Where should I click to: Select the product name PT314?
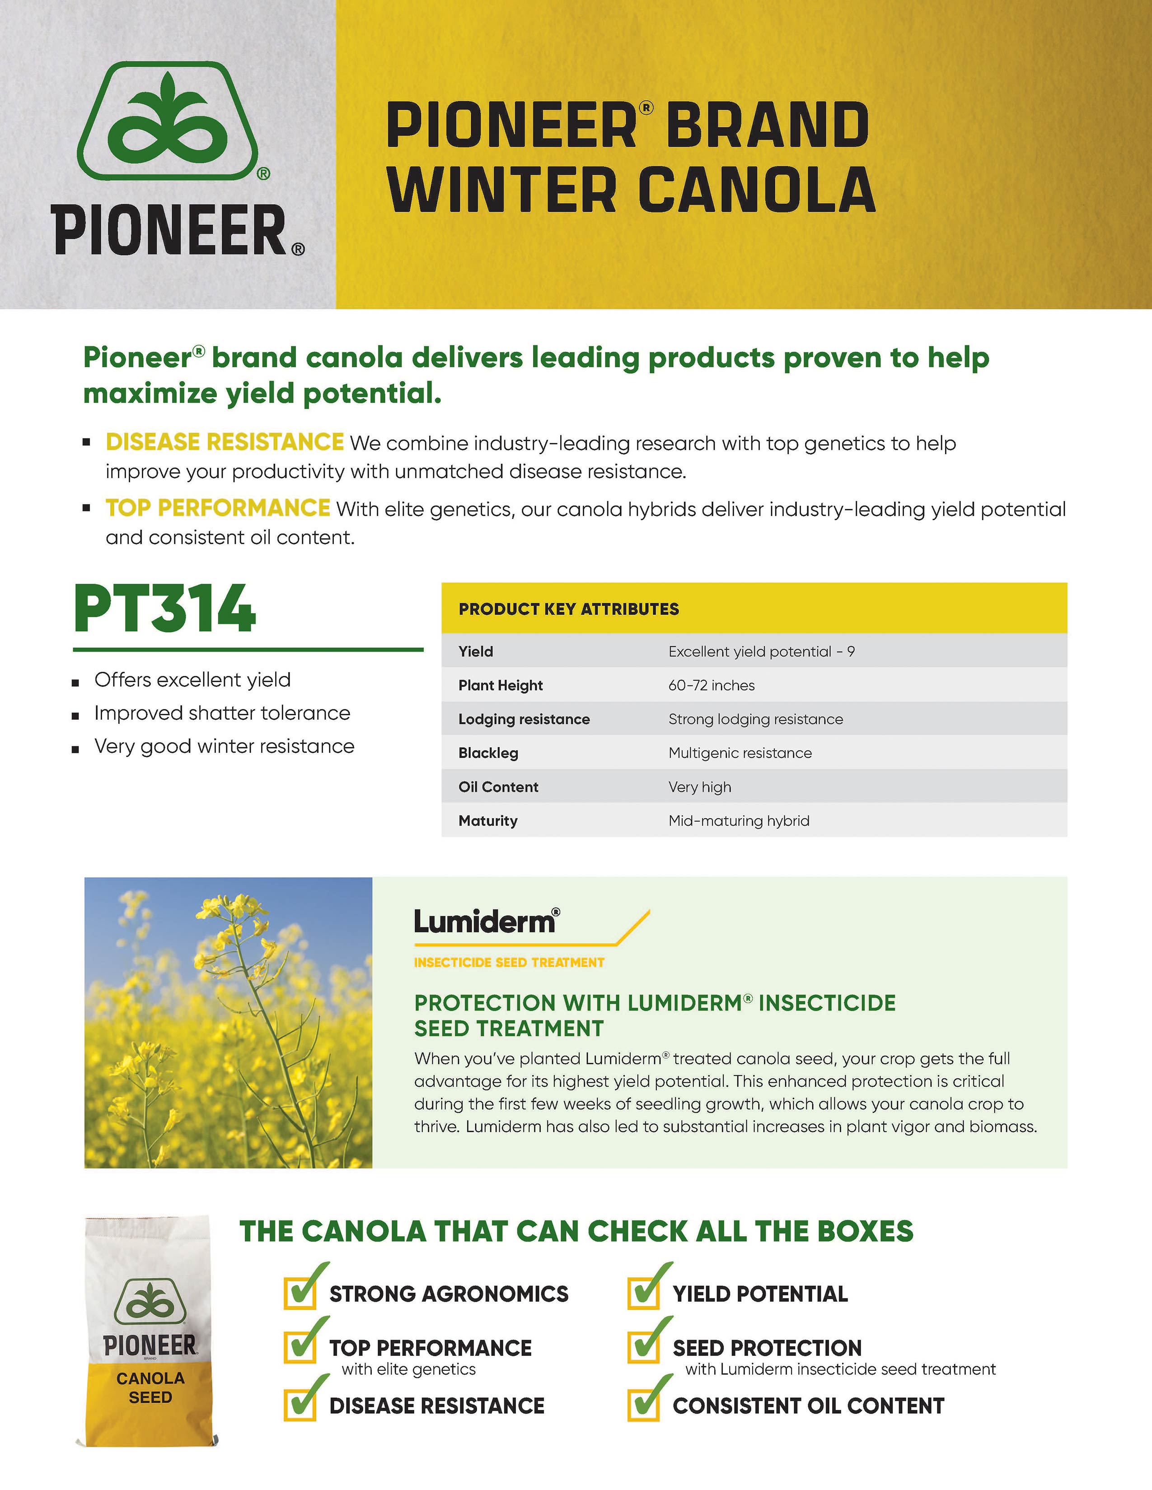tap(164, 609)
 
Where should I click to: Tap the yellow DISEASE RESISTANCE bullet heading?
tap(225, 442)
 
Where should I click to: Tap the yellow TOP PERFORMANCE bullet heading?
tap(218, 508)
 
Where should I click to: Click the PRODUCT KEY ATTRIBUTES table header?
tap(568, 609)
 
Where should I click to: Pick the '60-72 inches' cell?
tap(711, 685)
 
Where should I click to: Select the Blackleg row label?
tap(488, 753)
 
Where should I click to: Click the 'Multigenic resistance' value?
tap(740, 753)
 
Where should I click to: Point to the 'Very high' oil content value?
tap(699, 787)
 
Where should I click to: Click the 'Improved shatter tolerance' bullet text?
tap(222, 713)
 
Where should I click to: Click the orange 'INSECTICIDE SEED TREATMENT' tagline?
tap(508, 962)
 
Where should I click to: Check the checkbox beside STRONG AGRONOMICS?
tap(300, 1292)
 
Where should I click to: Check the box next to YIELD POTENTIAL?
tap(643, 1292)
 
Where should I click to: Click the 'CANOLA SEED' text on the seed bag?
tap(150, 1388)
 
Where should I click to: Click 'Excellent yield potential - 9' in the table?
tap(761, 652)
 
